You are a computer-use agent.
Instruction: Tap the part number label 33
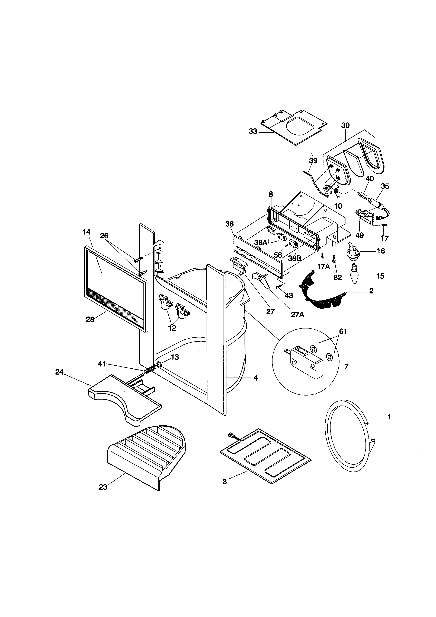point(253,132)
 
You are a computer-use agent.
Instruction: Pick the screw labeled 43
point(278,287)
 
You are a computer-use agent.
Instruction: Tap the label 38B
point(294,258)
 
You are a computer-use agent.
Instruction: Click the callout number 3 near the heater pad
point(225,482)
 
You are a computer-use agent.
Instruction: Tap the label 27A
point(297,315)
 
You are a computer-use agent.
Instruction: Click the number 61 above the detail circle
point(343,332)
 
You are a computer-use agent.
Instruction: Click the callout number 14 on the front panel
point(86,232)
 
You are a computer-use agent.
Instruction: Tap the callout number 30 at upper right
point(345,125)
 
